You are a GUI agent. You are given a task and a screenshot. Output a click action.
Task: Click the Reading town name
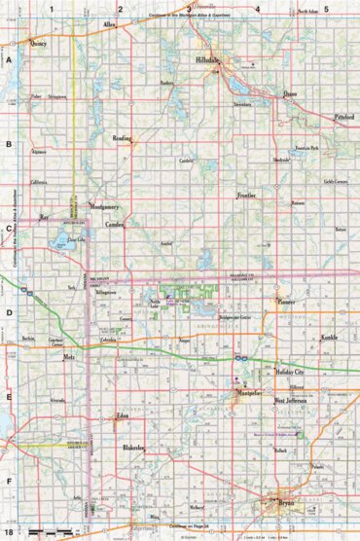point(123,138)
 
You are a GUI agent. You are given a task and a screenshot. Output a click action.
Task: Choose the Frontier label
point(246,196)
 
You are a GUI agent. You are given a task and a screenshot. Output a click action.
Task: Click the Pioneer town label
point(286,303)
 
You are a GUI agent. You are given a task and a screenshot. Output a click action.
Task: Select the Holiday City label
point(290,373)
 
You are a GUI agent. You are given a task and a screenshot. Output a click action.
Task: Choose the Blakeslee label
point(134,447)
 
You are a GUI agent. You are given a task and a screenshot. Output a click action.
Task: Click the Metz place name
point(69,358)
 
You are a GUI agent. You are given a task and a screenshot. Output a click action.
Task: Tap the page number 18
point(7,533)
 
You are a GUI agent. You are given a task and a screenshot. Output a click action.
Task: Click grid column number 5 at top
point(327,8)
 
